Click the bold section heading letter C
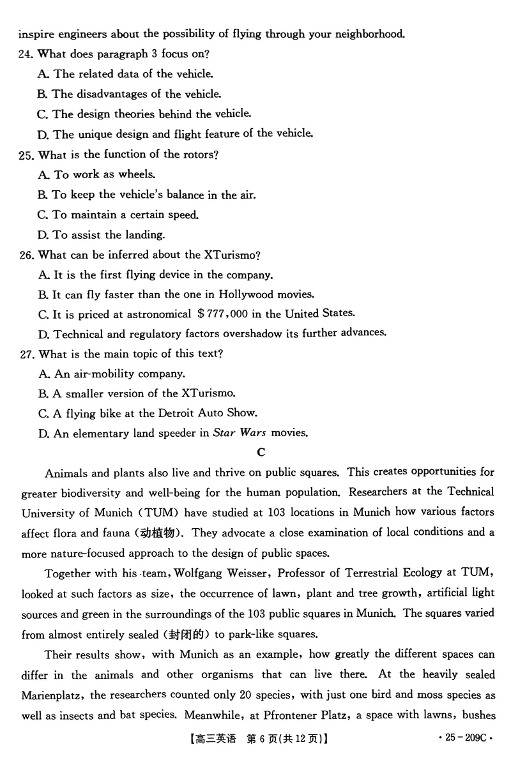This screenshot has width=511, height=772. [x=261, y=452]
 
